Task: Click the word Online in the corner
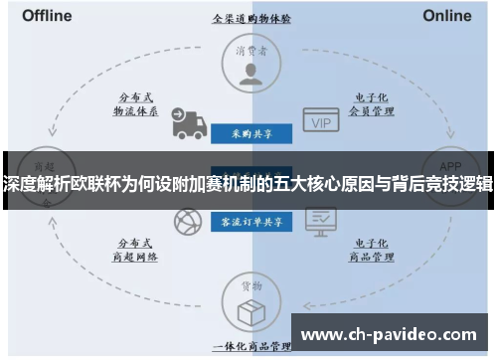(446, 16)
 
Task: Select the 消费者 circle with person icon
(248, 64)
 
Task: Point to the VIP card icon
(320, 121)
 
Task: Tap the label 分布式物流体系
(137, 104)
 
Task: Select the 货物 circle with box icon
(248, 299)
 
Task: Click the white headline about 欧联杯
(248, 183)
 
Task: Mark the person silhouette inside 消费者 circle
(248, 72)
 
